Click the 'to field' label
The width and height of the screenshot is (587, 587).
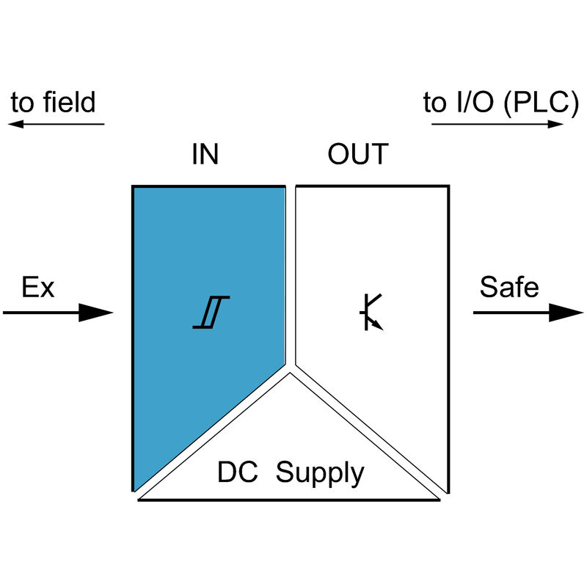[x=53, y=102]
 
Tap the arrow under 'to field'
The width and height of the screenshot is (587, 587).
[x=56, y=124]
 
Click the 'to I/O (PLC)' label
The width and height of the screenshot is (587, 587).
[x=496, y=103]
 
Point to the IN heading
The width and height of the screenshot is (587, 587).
[x=205, y=155]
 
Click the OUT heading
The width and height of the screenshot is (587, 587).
[x=358, y=155]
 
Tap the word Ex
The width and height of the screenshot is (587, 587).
[x=37, y=287]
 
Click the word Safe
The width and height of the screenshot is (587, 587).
[x=509, y=287]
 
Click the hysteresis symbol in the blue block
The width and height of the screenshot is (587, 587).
[x=211, y=312]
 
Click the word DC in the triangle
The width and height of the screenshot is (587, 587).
[x=237, y=473]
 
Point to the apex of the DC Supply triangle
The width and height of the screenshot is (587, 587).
[x=290, y=373]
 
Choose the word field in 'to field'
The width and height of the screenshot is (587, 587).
[x=67, y=102]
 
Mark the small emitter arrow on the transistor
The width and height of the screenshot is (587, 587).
[x=378, y=324]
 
